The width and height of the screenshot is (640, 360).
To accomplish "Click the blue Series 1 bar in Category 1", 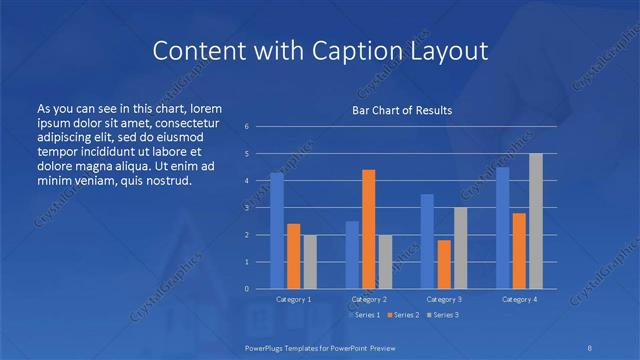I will pos(277,231).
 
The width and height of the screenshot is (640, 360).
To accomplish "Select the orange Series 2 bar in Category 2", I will pos(368,229).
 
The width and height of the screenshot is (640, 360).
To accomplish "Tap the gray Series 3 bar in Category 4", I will pos(536,221).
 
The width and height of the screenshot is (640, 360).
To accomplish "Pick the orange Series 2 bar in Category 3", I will pos(443,264).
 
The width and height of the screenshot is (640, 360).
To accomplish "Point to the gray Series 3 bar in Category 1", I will pos(310,262).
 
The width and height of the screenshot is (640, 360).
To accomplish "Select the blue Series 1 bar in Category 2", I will pos(352,255).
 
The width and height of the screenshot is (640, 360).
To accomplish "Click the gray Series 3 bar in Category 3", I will pos(460,248).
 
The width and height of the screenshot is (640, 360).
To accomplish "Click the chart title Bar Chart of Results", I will pos(402,110).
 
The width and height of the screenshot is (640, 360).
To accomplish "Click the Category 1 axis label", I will pos(293,299).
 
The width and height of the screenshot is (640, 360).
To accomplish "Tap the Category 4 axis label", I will pos(519,299).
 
